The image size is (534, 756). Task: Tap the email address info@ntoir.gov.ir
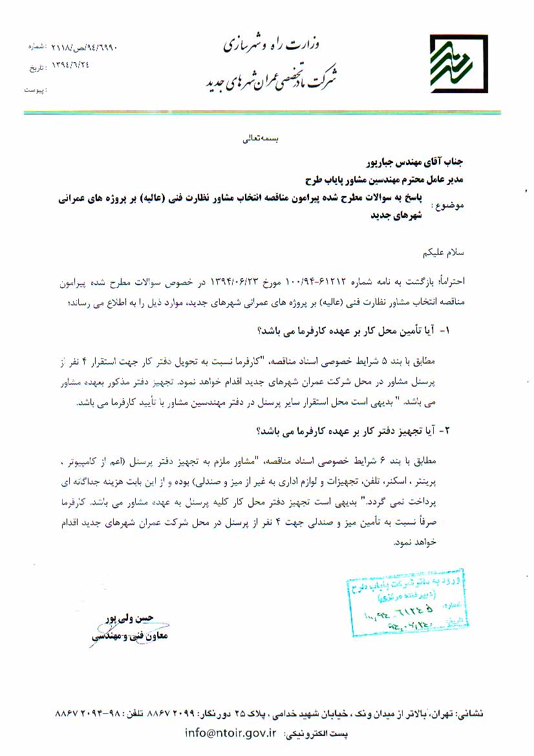click(230, 733)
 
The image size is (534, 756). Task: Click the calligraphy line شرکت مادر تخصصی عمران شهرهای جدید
click(272, 78)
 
